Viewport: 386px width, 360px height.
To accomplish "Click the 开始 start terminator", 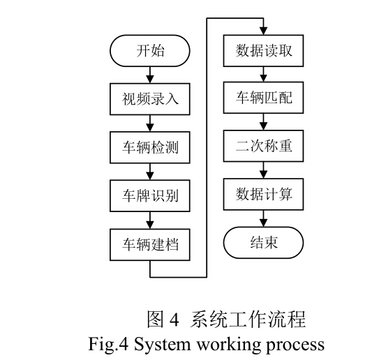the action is pyautogui.click(x=150, y=51).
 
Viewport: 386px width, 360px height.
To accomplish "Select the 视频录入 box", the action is pyautogui.click(x=150, y=99).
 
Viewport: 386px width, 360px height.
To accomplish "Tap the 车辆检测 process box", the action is pyautogui.click(x=150, y=147).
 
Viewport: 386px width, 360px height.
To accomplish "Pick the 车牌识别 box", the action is pyautogui.click(x=150, y=195).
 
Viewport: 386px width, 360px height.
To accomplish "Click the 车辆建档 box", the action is pyautogui.click(x=150, y=245).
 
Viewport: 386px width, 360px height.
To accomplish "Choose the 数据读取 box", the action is pyautogui.click(x=263, y=51).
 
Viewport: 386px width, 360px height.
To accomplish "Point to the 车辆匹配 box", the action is pyautogui.click(x=263, y=98).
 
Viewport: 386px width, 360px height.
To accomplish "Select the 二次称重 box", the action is pyautogui.click(x=263, y=146).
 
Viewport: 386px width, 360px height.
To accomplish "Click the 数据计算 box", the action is pyautogui.click(x=263, y=194).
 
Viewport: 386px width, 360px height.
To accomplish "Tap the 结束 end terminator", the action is pyautogui.click(x=263, y=243).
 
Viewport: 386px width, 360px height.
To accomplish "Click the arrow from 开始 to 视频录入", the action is pyautogui.click(x=150, y=75).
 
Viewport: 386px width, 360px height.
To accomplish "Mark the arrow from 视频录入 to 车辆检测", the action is pyautogui.click(x=150, y=123).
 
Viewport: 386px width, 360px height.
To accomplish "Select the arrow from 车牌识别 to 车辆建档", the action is pyautogui.click(x=150, y=220).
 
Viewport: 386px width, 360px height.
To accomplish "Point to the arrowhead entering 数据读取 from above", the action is pyautogui.click(x=263, y=31).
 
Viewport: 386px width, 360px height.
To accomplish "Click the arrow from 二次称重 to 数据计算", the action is pyautogui.click(x=263, y=170).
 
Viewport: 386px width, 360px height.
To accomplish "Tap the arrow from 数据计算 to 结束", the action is pyautogui.click(x=263, y=218).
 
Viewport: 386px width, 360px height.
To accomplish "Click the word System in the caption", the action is pyautogui.click(x=162, y=345).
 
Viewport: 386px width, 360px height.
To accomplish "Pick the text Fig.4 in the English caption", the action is pyautogui.click(x=108, y=344).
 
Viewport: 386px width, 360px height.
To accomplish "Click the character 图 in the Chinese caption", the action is pyautogui.click(x=155, y=319).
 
